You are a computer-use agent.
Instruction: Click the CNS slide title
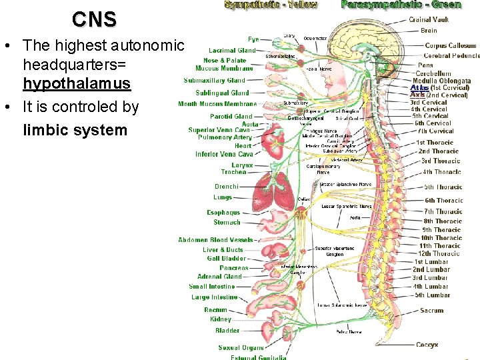click(94, 20)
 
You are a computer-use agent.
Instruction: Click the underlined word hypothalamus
click(77, 84)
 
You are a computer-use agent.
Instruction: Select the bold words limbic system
click(75, 129)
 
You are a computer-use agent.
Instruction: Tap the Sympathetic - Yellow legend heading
click(271, 5)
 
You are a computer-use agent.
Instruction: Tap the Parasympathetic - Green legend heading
click(401, 5)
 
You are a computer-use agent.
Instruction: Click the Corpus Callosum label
click(450, 45)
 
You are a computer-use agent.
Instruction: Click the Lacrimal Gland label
click(231, 50)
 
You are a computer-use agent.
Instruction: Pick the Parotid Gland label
click(231, 116)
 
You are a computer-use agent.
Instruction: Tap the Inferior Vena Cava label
click(225, 154)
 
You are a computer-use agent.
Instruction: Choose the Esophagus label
click(223, 213)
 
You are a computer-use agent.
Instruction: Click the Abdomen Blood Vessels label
click(215, 240)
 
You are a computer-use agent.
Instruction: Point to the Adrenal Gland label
click(219, 277)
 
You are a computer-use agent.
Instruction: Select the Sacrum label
click(431, 310)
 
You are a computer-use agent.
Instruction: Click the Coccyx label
click(427, 345)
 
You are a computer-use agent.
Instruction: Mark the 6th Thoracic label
click(443, 200)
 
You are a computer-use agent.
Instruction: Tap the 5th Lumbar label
click(432, 295)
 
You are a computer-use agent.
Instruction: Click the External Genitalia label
click(258, 357)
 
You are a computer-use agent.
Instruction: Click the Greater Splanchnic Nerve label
click(345, 183)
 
